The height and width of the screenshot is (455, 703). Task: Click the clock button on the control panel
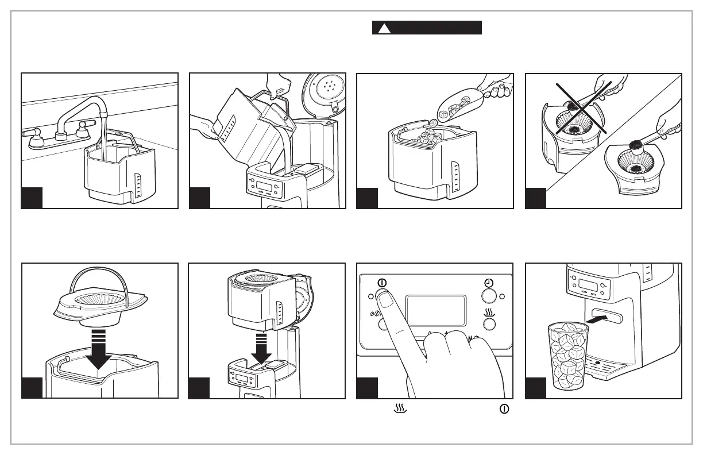[x=489, y=295]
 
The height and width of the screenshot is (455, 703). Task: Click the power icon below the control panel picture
[x=504, y=409]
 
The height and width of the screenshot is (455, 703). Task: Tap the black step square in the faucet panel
[x=32, y=198]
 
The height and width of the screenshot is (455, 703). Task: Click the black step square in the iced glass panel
[x=536, y=388]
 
